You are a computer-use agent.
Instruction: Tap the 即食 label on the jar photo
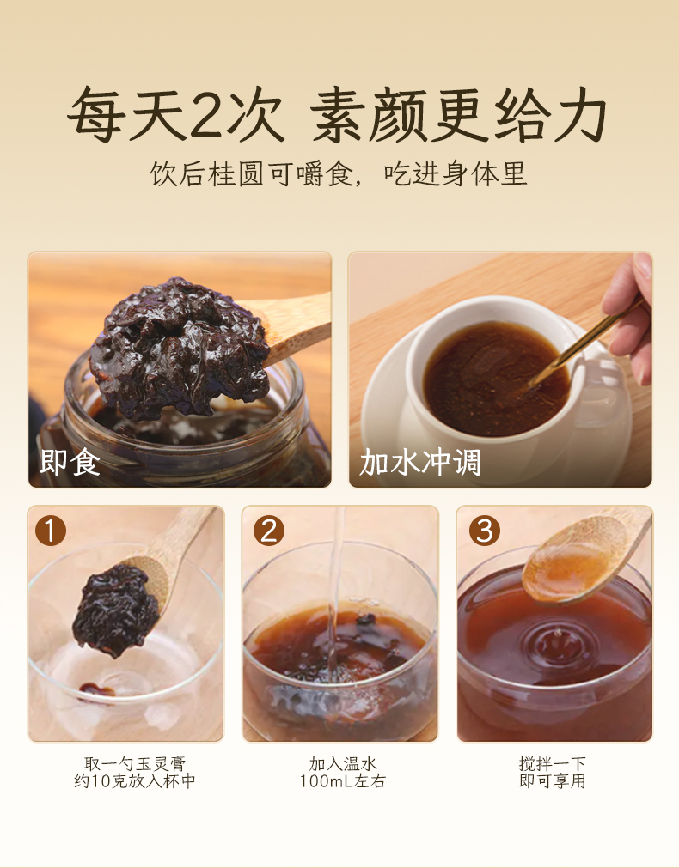pyautogui.click(x=70, y=462)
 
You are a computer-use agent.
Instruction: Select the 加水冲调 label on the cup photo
pyautogui.click(x=419, y=462)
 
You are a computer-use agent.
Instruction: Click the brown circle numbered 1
pyautogui.click(x=51, y=531)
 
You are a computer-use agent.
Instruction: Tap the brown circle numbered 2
pyautogui.click(x=269, y=531)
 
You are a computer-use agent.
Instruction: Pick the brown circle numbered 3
pyautogui.click(x=485, y=531)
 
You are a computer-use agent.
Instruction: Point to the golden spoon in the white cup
pyautogui.click(x=584, y=343)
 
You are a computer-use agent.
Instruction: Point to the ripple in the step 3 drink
pyautogui.click(x=554, y=645)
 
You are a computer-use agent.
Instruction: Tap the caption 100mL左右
pyautogui.click(x=343, y=781)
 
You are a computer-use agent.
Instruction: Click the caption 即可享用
pyautogui.click(x=553, y=781)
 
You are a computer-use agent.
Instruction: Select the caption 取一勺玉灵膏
pyautogui.click(x=135, y=764)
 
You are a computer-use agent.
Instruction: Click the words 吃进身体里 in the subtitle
pyautogui.click(x=456, y=173)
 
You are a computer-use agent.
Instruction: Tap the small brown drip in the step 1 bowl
pyautogui.click(x=96, y=689)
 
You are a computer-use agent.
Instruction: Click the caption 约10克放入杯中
pyautogui.click(x=135, y=781)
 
